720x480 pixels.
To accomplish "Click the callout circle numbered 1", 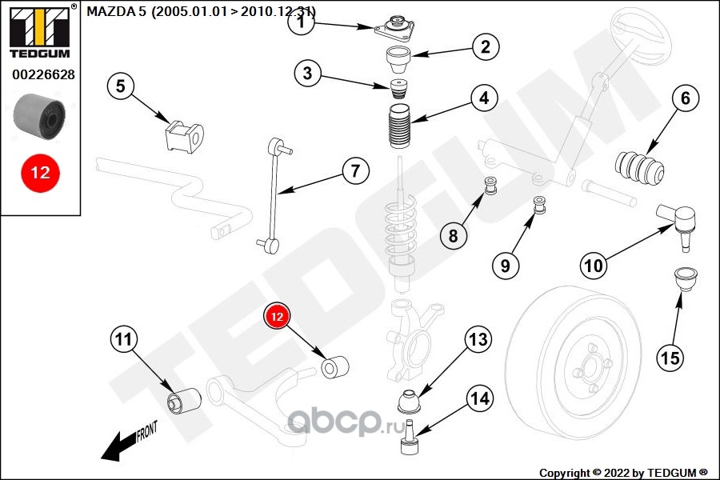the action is click(302, 23).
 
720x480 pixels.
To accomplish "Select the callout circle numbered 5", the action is click(120, 86).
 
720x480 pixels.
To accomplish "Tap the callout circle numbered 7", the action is click(356, 170).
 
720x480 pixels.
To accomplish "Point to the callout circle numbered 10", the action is click(593, 266).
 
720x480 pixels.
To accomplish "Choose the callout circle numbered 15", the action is click(670, 358).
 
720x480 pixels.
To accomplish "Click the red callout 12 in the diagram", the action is click(277, 318).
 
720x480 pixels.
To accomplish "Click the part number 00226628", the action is click(43, 75).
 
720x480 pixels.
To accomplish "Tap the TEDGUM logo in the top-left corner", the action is click(39, 31).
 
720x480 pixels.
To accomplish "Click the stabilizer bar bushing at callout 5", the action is click(184, 135).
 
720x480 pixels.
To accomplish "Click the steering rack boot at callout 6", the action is click(640, 166).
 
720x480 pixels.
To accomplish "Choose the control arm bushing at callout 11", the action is click(184, 398).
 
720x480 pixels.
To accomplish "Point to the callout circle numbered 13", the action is click(478, 340).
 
